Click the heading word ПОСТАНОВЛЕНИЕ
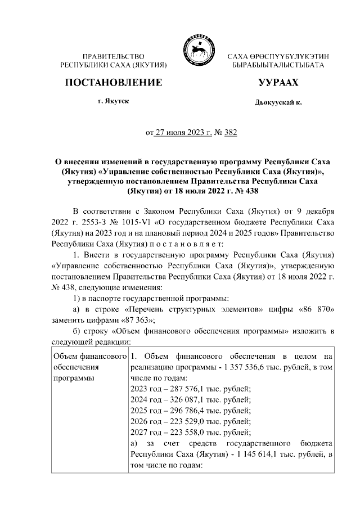pos(114,83)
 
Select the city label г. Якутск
pos(114,103)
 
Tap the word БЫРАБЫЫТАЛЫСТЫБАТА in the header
pos(278,66)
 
